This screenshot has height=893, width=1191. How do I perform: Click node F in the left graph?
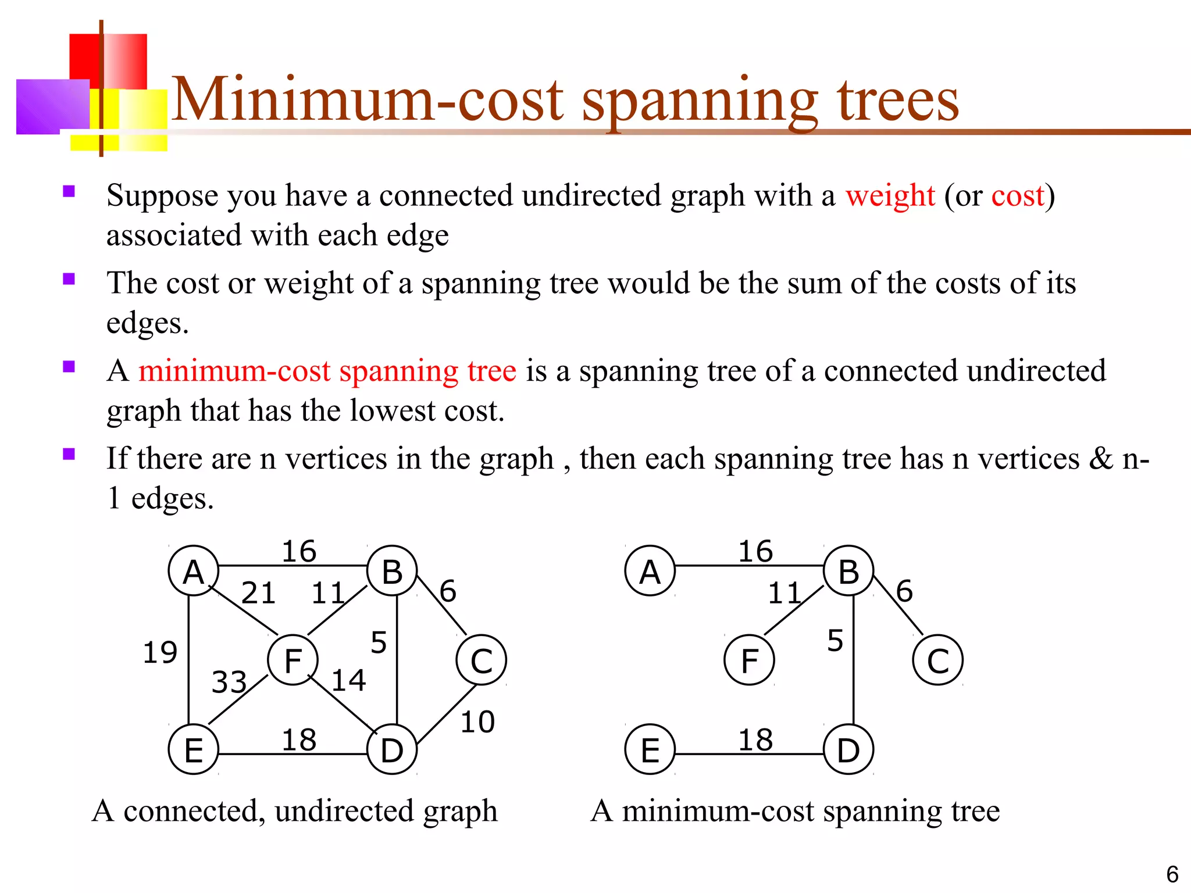tap(293, 660)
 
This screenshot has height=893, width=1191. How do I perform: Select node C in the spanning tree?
tap(937, 660)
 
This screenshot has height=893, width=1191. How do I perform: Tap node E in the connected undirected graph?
tap(193, 749)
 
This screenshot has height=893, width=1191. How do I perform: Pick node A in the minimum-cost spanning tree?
tap(650, 571)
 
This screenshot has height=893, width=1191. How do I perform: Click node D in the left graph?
tap(392, 749)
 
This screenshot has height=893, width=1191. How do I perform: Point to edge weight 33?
tap(229, 682)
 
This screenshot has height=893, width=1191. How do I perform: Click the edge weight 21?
tap(258, 594)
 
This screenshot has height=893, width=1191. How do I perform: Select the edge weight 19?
tap(160, 652)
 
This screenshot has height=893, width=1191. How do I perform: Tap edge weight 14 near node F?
tap(348, 680)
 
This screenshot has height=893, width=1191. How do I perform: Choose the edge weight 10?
tap(477, 722)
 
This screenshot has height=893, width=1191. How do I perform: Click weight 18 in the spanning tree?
tap(755, 740)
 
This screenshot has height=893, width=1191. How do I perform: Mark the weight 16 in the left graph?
tap(299, 551)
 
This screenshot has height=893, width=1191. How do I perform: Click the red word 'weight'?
tap(890, 196)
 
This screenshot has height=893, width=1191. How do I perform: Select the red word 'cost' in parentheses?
tap(1018, 196)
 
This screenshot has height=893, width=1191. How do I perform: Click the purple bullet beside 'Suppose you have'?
tap(69, 191)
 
